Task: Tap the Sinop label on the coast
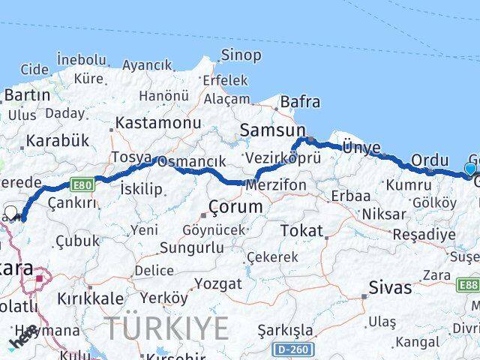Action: point(240,55)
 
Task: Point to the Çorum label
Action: point(236,206)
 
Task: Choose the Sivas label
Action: point(390,287)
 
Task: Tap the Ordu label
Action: point(430,160)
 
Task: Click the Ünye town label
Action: point(361,147)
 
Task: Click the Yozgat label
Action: point(217,284)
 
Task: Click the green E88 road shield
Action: point(469,285)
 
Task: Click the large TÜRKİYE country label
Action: point(166,328)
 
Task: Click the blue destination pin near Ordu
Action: point(470,169)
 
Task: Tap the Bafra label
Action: point(300,102)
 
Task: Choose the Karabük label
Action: point(57,140)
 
